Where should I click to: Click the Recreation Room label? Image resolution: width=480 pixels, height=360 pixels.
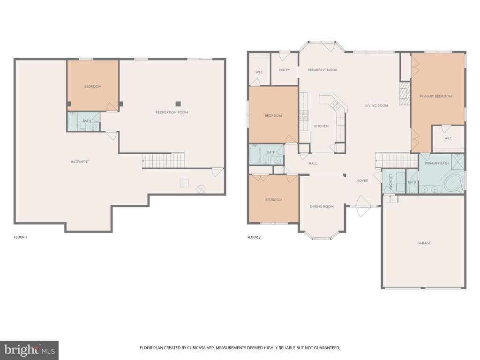[x=172, y=112]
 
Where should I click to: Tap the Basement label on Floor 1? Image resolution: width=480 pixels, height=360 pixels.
[x=80, y=162]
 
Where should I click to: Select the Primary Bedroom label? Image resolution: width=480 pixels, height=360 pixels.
[x=435, y=96]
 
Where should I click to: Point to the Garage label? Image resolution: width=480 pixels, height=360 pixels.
[x=424, y=243]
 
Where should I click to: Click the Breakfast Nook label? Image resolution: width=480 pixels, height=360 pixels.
[x=322, y=70]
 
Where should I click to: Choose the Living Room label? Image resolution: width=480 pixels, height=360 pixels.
[x=376, y=105]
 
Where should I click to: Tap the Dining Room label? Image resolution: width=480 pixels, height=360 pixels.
[x=322, y=206]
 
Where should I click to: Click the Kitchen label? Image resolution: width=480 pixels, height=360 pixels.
[x=321, y=126]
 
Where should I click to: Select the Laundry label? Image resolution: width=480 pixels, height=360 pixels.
[x=390, y=182]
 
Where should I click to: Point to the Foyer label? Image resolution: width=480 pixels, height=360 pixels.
[x=363, y=180]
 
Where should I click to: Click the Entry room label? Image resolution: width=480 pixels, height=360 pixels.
[x=285, y=70]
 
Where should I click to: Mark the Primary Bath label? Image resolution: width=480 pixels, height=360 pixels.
[x=437, y=164]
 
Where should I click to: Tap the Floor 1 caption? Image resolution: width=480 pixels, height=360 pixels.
[x=21, y=237]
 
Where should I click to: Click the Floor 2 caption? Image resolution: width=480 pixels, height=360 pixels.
[x=254, y=237]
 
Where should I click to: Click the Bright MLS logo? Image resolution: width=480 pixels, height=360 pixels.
[x=30, y=350]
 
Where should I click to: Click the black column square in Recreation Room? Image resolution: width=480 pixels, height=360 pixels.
[x=178, y=104]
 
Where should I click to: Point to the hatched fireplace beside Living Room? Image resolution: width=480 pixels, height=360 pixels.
[x=405, y=93]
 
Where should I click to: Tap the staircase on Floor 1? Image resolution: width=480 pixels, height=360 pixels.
[x=163, y=160]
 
